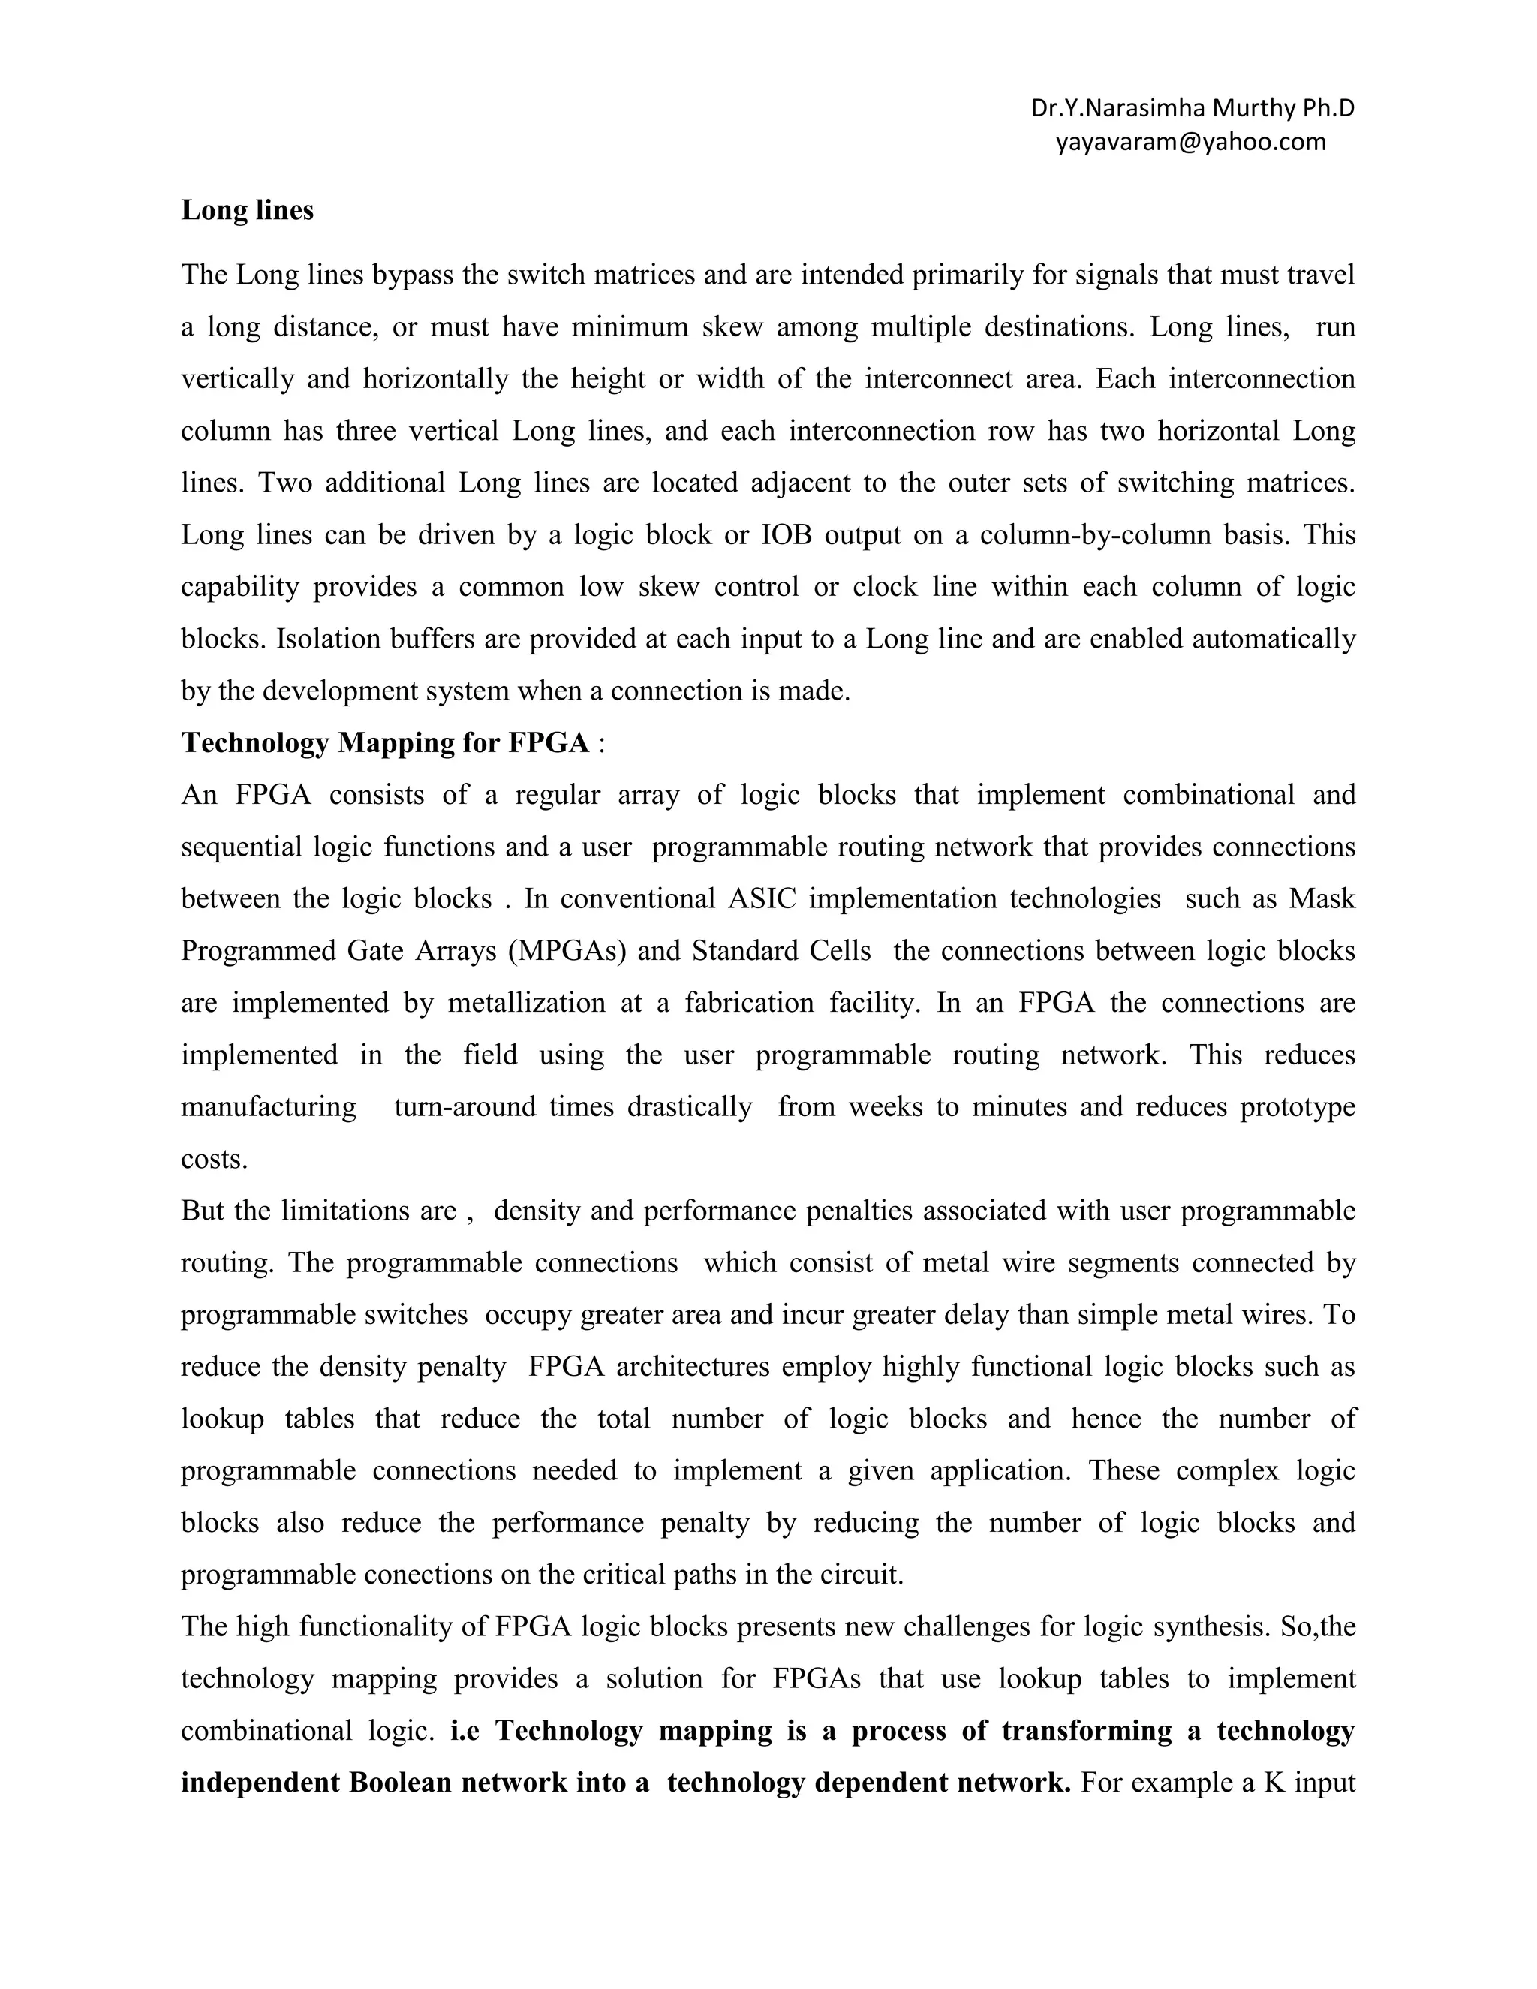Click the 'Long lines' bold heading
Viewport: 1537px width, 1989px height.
click(247, 210)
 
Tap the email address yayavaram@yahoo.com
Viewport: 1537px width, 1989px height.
click(1190, 142)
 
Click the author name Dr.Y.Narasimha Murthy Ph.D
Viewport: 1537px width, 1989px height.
click(1192, 108)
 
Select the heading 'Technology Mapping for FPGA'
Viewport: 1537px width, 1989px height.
click(385, 743)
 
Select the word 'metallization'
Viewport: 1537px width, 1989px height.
click(526, 1003)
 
